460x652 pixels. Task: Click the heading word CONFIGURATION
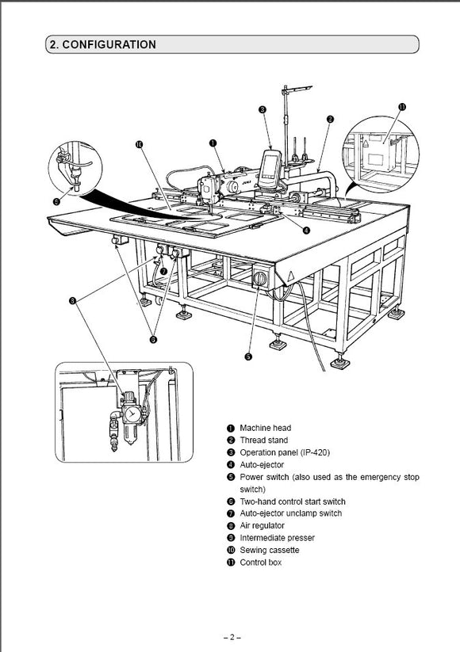click(x=109, y=44)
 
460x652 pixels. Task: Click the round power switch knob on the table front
click(x=261, y=278)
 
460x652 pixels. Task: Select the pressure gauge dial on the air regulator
click(x=132, y=414)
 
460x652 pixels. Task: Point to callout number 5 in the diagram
click(x=248, y=357)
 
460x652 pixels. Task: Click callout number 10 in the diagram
click(x=139, y=144)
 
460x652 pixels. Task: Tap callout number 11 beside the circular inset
click(x=402, y=107)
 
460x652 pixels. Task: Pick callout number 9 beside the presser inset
click(x=56, y=202)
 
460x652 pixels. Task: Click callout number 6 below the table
click(x=153, y=340)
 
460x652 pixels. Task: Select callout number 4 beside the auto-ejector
click(x=306, y=230)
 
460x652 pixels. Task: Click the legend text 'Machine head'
click(x=265, y=428)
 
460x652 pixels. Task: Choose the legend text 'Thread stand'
click(x=263, y=440)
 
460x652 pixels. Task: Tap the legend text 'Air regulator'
click(x=262, y=525)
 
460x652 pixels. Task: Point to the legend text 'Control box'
click(x=261, y=562)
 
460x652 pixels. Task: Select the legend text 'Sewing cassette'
click(x=270, y=550)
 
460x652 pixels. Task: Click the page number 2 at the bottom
click(x=232, y=637)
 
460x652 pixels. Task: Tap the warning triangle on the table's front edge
click(x=291, y=275)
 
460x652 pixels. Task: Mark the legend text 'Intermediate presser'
click(x=277, y=538)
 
